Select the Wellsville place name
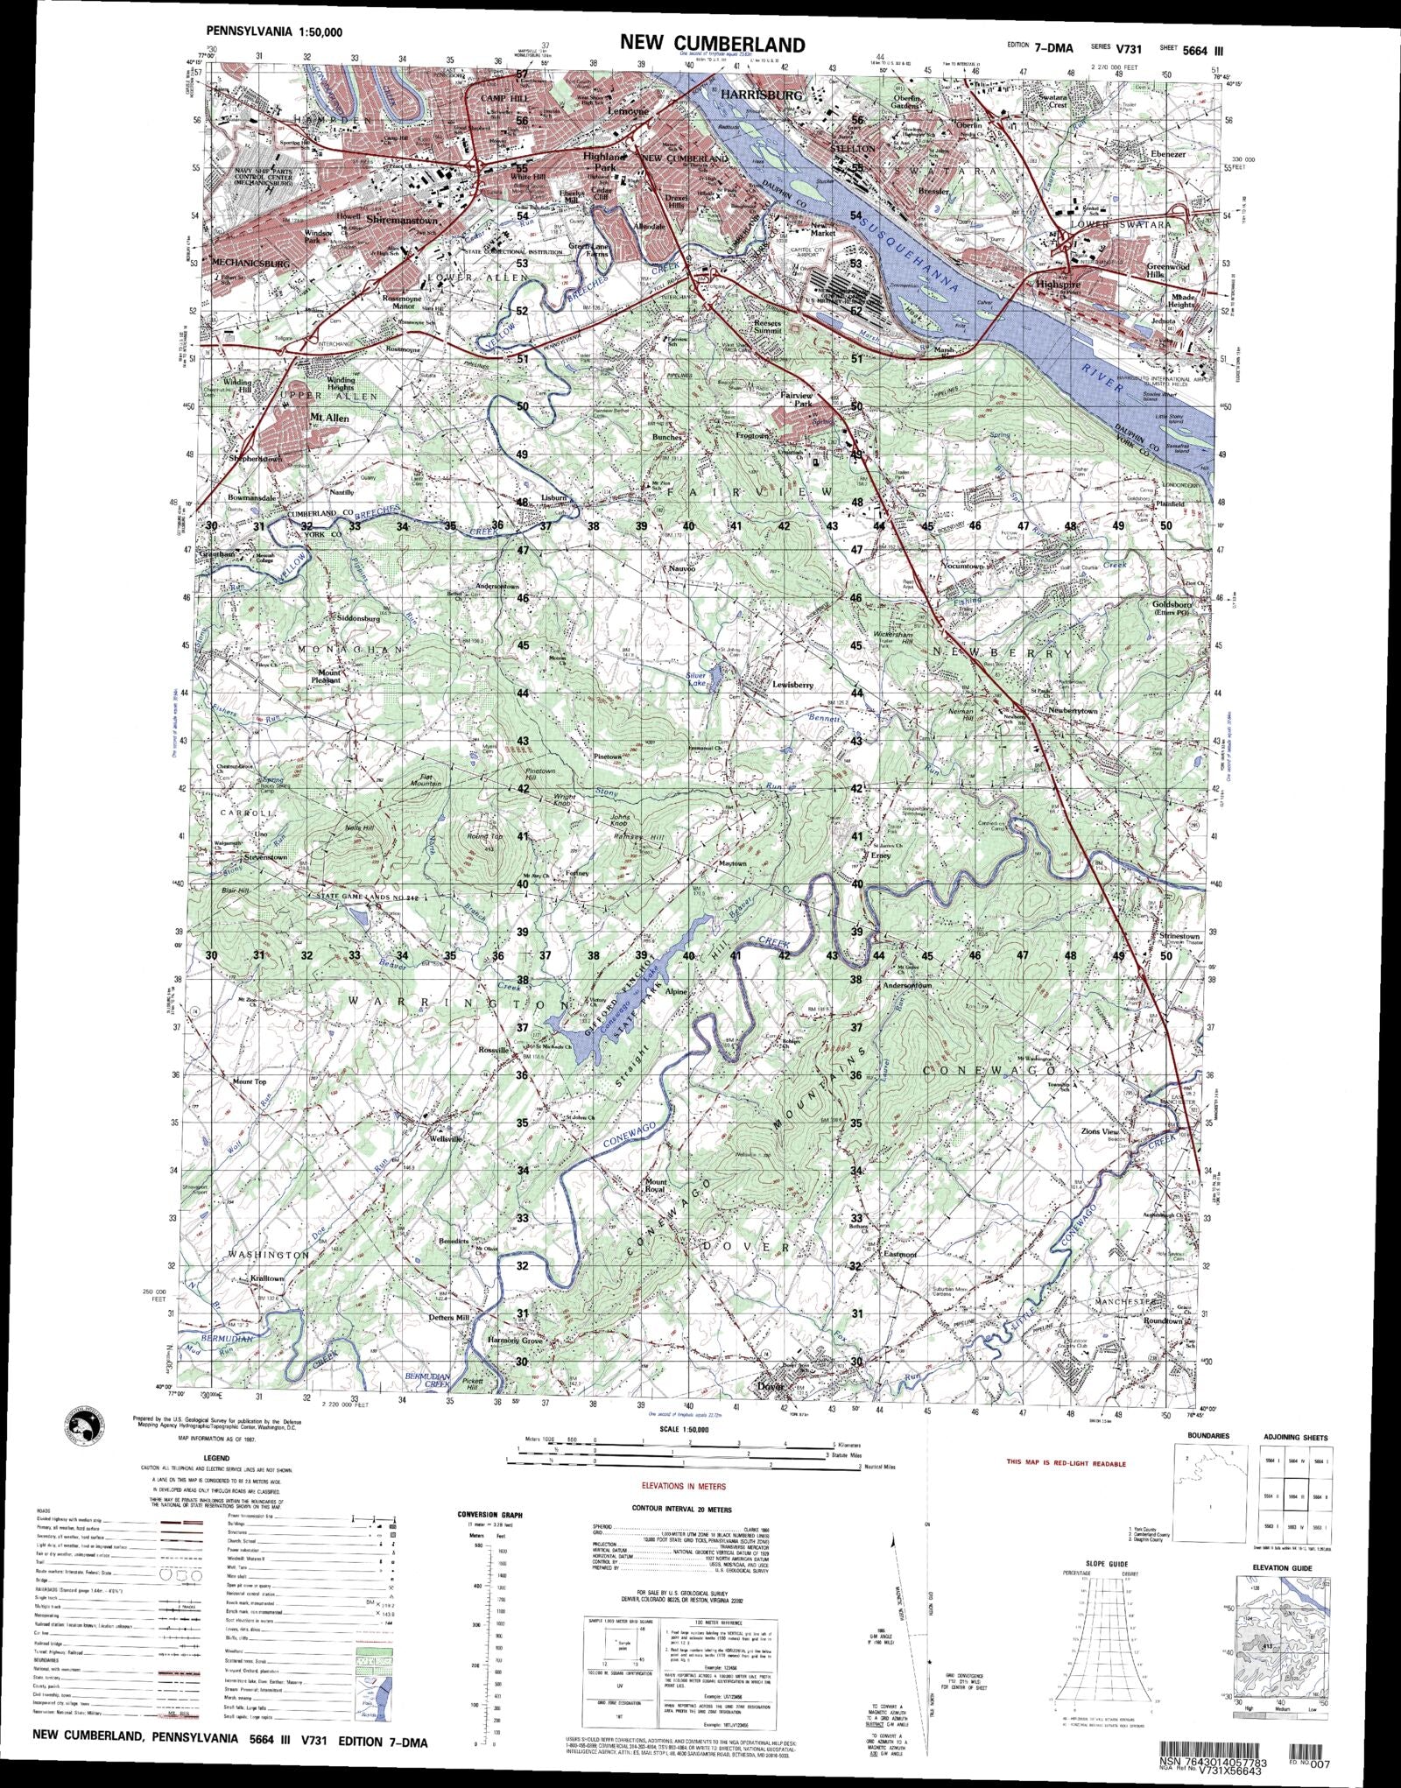click(x=444, y=1140)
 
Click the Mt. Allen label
click(x=330, y=419)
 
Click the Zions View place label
click(x=1100, y=1132)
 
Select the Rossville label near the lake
click(x=492, y=1050)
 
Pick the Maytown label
click(x=732, y=864)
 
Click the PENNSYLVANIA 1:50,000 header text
click(x=275, y=32)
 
